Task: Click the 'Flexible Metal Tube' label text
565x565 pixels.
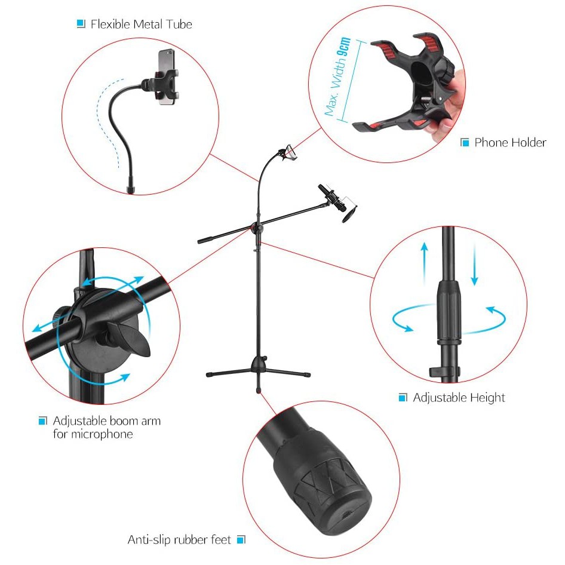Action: (x=141, y=24)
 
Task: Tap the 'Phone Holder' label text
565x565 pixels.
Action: (x=510, y=143)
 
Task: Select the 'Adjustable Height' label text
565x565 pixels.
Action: (x=459, y=398)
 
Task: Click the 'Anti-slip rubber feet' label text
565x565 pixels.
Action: (x=179, y=540)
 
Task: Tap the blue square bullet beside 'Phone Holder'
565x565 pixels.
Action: (x=465, y=143)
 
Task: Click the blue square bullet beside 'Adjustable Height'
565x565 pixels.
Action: (x=403, y=398)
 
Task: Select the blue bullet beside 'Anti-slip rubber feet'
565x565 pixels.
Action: (x=241, y=540)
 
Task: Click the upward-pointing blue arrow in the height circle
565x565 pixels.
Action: (x=424, y=260)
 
